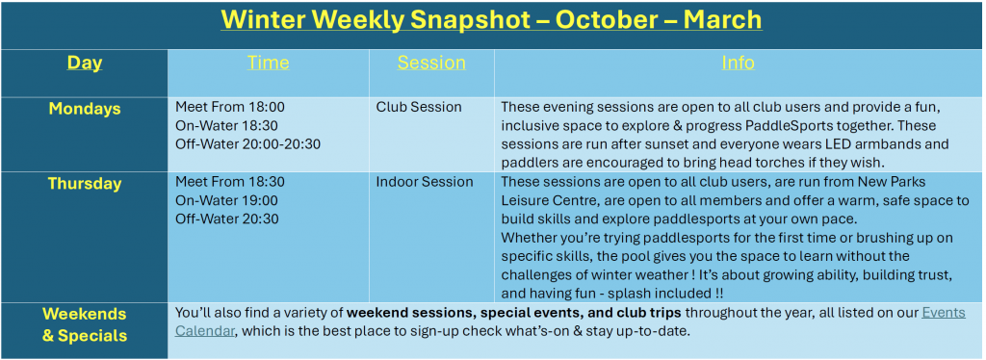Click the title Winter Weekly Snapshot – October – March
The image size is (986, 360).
pos(491,20)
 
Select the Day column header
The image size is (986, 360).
pos(85,64)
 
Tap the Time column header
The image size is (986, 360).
pos(268,63)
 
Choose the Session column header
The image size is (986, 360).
pos(431,63)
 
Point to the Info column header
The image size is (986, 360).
pos(738,63)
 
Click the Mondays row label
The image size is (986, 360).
pos(85,109)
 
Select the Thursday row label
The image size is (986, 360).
pos(85,184)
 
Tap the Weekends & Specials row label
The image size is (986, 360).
pos(85,324)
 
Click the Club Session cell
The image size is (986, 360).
pos(419,107)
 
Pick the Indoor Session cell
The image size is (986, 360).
pos(425,182)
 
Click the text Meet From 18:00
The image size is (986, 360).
pos(229,107)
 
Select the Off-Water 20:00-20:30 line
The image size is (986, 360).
pos(247,144)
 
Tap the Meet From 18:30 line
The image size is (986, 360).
pos(229,182)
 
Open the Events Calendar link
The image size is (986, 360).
pos(570,321)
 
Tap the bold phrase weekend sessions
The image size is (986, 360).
pos(406,312)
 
